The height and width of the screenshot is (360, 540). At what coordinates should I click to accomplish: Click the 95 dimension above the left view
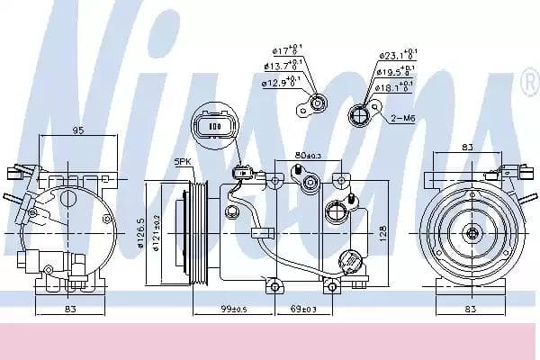78,130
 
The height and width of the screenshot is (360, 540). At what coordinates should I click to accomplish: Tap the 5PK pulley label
184,162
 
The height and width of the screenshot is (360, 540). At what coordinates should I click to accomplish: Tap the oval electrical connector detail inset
214,127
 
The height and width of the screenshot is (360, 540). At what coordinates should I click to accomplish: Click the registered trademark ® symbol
528,87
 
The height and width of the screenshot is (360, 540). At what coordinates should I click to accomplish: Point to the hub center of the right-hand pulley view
471,233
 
